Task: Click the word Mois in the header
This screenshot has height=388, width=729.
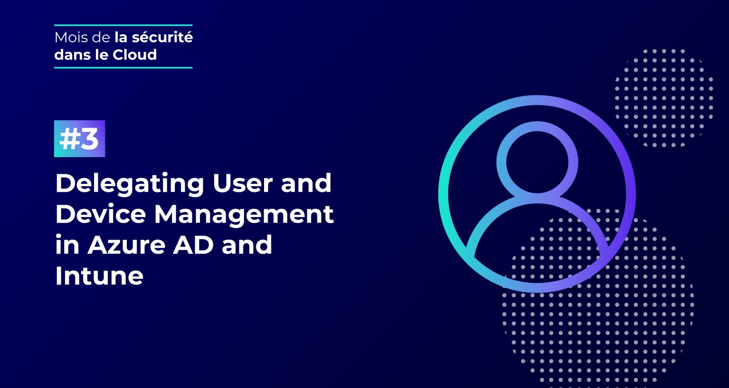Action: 70,38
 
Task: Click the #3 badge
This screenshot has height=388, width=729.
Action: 79,139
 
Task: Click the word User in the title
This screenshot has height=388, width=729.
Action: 242,183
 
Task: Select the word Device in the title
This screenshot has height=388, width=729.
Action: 101,214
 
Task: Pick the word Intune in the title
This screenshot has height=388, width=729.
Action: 99,276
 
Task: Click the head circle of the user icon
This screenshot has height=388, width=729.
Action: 537,162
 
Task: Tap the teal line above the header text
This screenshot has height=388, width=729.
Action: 123,25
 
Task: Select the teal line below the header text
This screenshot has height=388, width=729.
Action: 123,68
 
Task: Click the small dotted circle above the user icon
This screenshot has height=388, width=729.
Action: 664,97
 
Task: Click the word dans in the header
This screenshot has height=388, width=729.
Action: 72,55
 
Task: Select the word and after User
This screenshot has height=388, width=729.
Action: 306,183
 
